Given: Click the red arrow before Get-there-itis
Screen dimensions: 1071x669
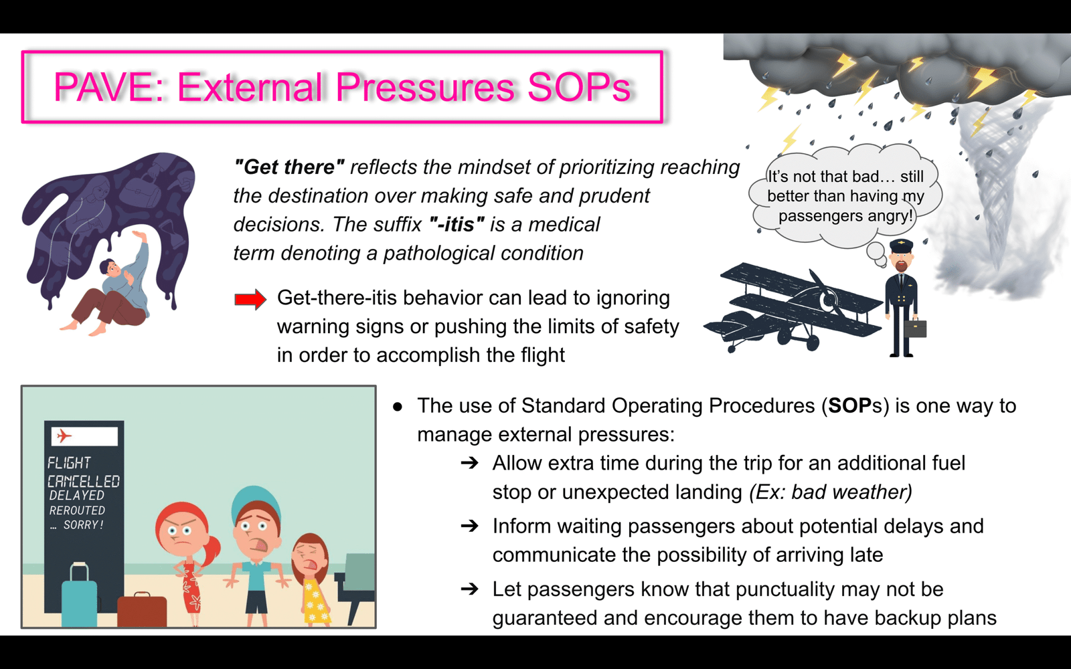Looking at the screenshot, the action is [x=250, y=300].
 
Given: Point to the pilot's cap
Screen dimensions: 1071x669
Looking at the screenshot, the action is [x=901, y=246].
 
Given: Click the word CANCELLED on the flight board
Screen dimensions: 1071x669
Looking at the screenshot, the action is [x=84, y=481].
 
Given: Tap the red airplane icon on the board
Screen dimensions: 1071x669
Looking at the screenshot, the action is [x=64, y=436].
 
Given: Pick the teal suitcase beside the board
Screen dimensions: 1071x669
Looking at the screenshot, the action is [x=80, y=594].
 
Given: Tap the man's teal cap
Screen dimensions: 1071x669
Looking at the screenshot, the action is [x=255, y=504].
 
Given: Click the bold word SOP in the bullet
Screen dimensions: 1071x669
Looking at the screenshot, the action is [x=850, y=405].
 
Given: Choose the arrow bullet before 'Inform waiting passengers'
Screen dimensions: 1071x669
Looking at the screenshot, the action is [x=469, y=526].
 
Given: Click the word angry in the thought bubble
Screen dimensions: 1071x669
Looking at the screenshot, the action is [x=890, y=215].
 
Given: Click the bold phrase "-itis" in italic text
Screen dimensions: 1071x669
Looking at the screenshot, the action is [x=457, y=224].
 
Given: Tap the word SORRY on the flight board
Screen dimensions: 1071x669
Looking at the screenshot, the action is [x=83, y=524].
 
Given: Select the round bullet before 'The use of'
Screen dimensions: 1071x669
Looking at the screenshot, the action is [x=398, y=407].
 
